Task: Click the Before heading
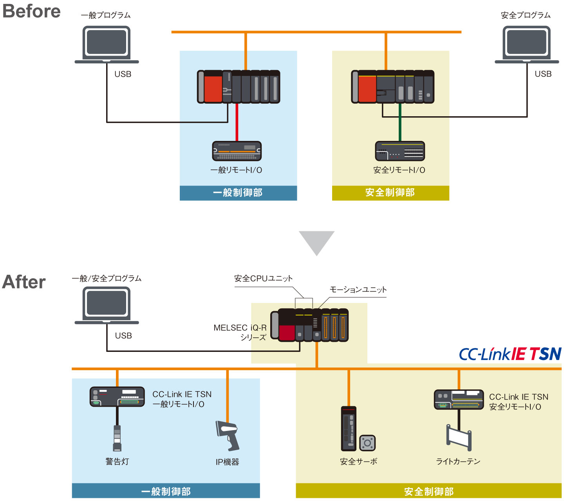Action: [31, 11]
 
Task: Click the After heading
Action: [24, 282]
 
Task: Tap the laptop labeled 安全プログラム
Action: [527, 44]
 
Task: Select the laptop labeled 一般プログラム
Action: [107, 44]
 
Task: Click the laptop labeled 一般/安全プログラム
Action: [107, 305]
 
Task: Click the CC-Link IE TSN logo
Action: [510, 354]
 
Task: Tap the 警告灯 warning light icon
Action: [117, 438]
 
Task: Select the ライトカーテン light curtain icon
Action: [459, 437]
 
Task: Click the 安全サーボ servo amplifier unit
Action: [349, 429]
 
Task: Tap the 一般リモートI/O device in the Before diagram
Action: [237, 151]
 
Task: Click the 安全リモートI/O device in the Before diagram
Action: [399, 151]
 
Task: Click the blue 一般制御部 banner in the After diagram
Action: [166, 491]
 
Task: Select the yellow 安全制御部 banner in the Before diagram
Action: [390, 193]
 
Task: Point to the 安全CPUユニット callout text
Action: [263, 278]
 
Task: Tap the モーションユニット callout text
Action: [358, 290]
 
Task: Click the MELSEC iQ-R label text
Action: [240, 328]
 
